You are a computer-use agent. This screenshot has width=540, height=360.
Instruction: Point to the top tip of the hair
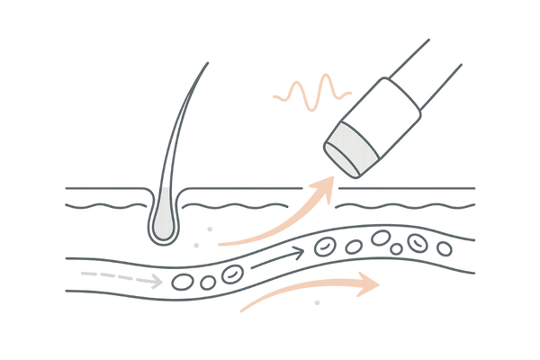point(209,63)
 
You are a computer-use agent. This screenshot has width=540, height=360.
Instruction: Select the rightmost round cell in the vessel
point(444,247)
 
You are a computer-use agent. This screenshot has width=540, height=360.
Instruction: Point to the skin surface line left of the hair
point(99,190)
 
